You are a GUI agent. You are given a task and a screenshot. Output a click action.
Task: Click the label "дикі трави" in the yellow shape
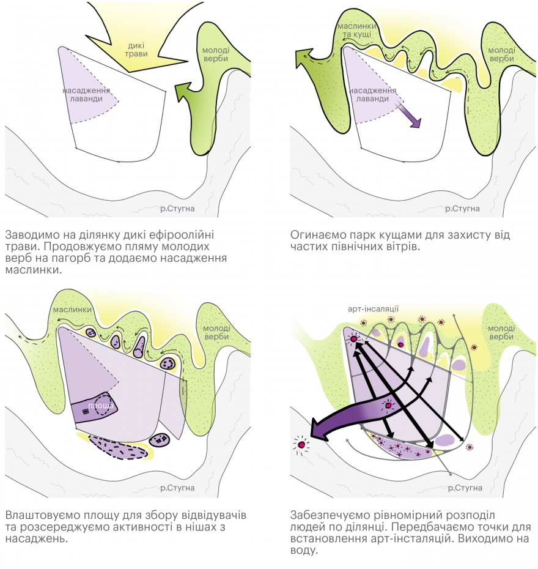[136, 50]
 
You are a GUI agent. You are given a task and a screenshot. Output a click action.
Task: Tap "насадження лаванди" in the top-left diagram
[86, 94]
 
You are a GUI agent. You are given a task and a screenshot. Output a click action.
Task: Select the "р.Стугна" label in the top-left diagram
[177, 209]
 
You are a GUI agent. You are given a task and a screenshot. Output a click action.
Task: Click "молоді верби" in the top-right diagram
[501, 54]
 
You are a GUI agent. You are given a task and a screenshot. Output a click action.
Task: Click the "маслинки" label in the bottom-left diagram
[72, 310]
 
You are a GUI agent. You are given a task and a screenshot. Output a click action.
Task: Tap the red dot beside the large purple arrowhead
[301, 445]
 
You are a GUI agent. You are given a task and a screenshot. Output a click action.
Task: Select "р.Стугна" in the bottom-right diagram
[465, 488]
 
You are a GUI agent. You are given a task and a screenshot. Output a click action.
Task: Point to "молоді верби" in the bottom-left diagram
[217, 332]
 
